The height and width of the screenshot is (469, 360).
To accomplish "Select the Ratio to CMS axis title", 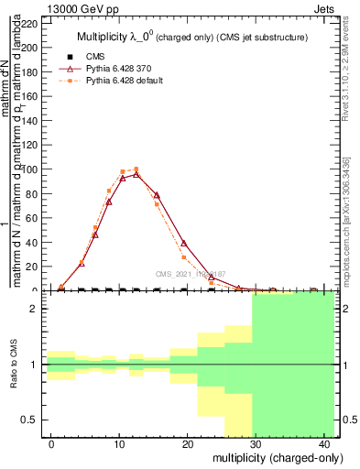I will [16, 365].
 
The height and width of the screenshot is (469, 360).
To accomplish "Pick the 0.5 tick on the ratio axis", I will [30, 420].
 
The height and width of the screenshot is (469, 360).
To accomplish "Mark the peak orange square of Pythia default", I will [136, 169].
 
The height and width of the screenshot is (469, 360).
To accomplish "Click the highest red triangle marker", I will [136, 174].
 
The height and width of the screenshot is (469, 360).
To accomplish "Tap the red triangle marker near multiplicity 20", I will [184, 243].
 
